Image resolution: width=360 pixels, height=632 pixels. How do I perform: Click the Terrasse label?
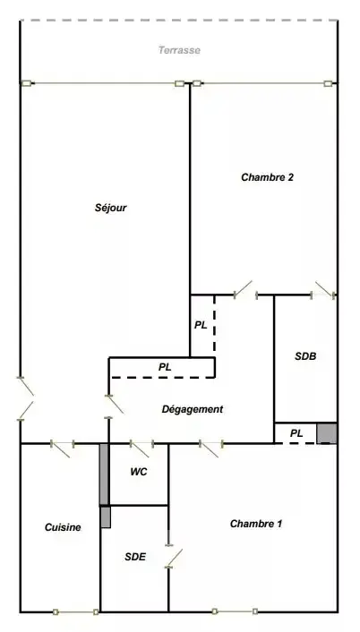pyautogui.click(x=179, y=50)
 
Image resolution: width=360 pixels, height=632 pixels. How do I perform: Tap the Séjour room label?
pyautogui.click(x=111, y=208)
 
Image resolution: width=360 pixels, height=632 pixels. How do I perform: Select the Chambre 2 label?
pyautogui.click(x=267, y=177)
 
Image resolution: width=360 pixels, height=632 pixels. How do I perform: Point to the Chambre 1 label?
pyautogui.click(x=256, y=524)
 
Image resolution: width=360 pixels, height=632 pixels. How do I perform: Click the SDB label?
pyautogui.click(x=305, y=356)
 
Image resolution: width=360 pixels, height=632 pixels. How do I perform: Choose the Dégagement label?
pyautogui.click(x=193, y=409)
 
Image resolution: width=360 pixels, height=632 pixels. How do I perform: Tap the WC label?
pyautogui.click(x=139, y=472)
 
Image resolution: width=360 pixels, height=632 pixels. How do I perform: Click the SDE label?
pyautogui.click(x=135, y=557)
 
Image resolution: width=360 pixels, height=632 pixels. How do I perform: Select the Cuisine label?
pyautogui.click(x=63, y=527)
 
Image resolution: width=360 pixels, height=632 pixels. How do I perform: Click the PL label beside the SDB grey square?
pyautogui.click(x=296, y=433)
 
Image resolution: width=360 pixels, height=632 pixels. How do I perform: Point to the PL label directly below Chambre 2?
pyautogui.click(x=201, y=325)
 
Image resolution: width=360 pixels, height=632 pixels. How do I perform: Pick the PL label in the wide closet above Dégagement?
pyautogui.click(x=165, y=367)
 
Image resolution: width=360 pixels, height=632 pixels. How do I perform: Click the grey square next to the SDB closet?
pyautogui.click(x=327, y=433)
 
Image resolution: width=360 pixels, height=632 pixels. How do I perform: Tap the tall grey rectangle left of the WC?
pyautogui.click(x=104, y=474)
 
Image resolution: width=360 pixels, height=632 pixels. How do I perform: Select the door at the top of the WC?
pyautogui.click(x=141, y=448)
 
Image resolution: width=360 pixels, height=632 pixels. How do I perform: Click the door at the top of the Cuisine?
pyautogui.click(x=62, y=448)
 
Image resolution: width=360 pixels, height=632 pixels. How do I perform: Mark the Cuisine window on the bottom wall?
pyautogui.click(x=76, y=611)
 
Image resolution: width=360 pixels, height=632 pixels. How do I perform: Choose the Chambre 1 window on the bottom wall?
pyautogui.click(x=235, y=611)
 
